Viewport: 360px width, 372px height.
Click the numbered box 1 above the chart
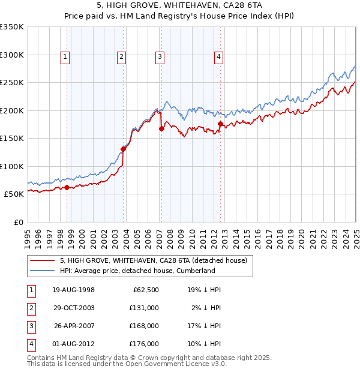pyautogui.click(x=65, y=57)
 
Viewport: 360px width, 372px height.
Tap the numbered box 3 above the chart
pyautogui.click(x=160, y=57)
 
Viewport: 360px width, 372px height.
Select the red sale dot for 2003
pyautogui.click(x=123, y=149)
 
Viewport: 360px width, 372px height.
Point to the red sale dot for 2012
pyautogui.click(x=220, y=124)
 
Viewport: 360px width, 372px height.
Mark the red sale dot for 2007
pyautogui.click(x=161, y=128)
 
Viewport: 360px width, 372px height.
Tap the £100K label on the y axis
pyautogui.click(x=12, y=166)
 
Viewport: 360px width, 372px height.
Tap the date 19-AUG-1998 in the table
pyautogui.click(x=74, y=290)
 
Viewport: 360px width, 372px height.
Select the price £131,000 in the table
pyautogui.click(x=144, y=308)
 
